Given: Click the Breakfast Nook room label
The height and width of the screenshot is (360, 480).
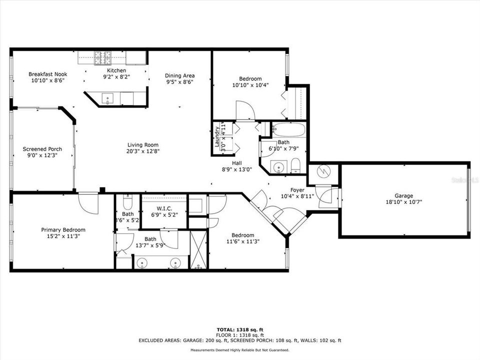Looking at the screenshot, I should (x=47, y=74).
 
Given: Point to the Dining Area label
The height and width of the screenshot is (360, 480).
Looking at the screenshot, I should (x=179, y=75).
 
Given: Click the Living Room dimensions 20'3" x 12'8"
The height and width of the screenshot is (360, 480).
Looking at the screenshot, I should (x=143, y=151).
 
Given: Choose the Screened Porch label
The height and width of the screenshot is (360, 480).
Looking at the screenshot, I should (x=42, y=149).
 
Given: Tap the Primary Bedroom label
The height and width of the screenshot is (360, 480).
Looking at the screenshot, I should (x=60, y=230).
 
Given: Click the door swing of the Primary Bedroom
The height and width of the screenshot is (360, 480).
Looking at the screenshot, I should (x=87, y=202).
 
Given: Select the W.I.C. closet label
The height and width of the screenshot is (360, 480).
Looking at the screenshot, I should (x=164, y=208).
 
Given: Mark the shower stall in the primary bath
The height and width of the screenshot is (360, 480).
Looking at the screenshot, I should (x=198, y=249).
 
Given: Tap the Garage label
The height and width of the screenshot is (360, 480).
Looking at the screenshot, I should (x=403, y=195).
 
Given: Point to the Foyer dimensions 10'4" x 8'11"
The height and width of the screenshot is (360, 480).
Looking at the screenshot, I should (x=297, y=196).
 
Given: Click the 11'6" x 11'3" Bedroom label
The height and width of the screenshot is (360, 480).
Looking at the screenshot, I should (x=242, y=235).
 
